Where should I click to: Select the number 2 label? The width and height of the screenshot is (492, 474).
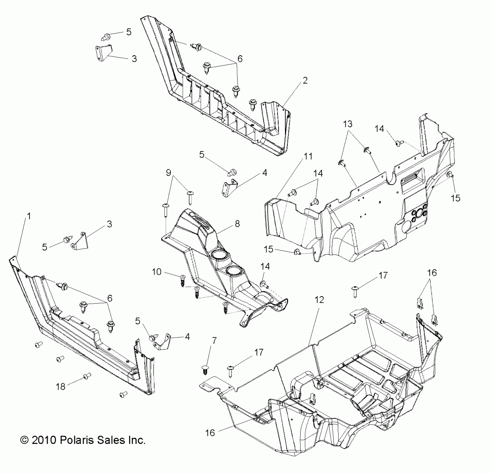(305, 81)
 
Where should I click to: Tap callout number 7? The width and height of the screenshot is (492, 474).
(214, 341)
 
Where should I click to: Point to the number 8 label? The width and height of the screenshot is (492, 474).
(237, 224)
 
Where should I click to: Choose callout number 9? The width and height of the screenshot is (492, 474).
(168, 173)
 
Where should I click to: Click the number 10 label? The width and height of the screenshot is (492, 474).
(157, 272)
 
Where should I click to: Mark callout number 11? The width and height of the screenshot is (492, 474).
(308, 156)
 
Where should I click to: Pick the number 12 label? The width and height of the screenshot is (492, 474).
(319, 300)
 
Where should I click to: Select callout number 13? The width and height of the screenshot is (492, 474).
(348, 124)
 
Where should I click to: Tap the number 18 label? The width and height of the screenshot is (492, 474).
(61, 386)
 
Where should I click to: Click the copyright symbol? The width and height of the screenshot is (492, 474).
(25, 440)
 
